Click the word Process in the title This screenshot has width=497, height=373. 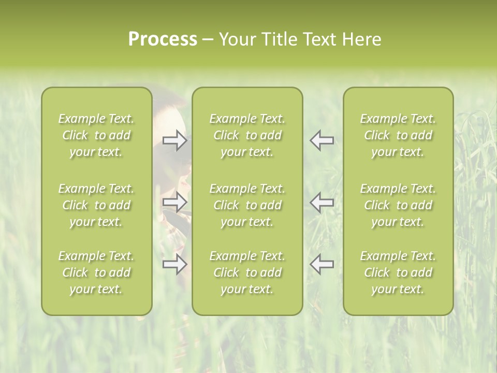[x=163, y=39]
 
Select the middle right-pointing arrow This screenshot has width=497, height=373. [x=175, y=202]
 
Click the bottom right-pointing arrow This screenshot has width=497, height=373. [x=175, y=264]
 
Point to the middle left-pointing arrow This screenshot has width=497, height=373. [x=321, y=202]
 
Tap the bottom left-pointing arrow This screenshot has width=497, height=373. [x=321, y=264]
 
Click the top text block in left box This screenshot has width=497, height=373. [x=96, y=135]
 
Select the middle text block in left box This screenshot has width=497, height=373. [x=96, y=205]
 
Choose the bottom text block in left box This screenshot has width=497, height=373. [x=96, y=272]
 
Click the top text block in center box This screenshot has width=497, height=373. [x=247, y=135]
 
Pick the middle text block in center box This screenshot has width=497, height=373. [x=247, y=205]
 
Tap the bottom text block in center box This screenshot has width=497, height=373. [x=247, y=272]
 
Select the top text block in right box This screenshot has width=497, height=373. [x=398, y=135]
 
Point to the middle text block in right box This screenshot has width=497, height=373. [x=398, y=205]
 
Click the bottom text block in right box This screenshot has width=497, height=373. [x=398, y=272]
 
